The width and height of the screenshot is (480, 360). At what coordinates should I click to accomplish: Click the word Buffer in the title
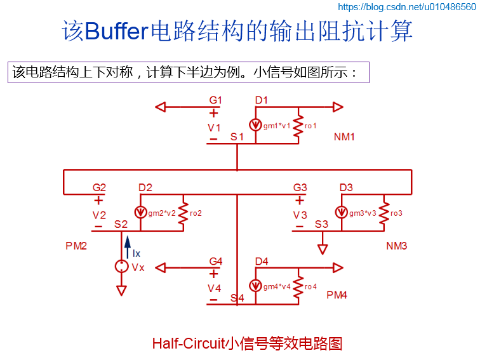(x=116, y=31)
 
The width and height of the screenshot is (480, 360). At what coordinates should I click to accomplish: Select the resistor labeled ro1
(x=298, y=125)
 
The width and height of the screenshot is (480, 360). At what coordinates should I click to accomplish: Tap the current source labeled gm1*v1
(x=257, y=125)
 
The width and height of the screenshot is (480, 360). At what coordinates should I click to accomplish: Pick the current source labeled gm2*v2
(x=140, y=213)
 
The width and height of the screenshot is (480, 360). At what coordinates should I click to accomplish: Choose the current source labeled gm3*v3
(x=342, y=213)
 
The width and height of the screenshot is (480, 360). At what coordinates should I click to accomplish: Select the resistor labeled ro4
(x=298, y=286)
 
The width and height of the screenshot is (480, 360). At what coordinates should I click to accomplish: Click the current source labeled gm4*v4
(x=257, y=286)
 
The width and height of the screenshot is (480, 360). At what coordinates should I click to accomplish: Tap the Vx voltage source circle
(x=121, y=267)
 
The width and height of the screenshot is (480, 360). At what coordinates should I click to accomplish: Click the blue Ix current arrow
(x=127, y=245)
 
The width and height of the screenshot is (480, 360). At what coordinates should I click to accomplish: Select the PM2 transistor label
(x=76, y=246)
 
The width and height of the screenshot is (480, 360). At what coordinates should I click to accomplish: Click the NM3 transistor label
(x=396, y=246)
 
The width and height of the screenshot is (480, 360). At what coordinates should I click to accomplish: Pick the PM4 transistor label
(x=337, y=295)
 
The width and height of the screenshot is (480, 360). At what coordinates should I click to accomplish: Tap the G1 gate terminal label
(x=216, y=100)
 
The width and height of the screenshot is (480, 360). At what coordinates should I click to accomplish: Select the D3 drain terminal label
(x=346, y=187)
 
